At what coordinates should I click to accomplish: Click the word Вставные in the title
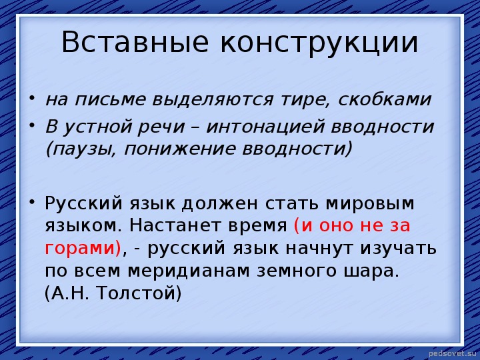point(135,41)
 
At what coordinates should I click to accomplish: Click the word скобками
point(385,99)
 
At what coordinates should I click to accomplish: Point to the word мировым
point(370,203)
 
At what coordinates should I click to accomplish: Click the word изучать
point(398,249)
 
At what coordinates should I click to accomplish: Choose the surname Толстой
point(135,293)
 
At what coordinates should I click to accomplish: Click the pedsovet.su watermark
point(453,353)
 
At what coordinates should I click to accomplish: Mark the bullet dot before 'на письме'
point(31,98)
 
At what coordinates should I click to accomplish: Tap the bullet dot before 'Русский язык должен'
point(31,201)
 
